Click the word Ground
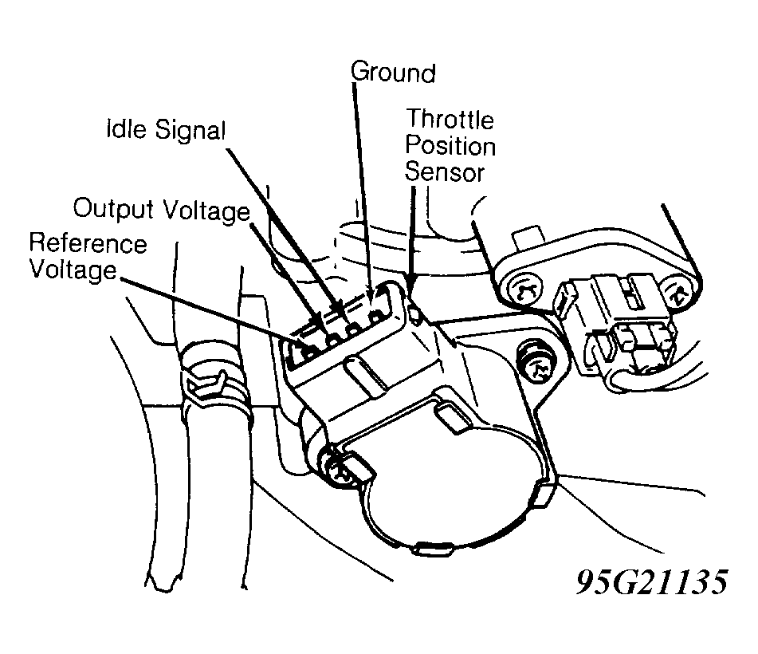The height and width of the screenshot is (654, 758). coord(393,73)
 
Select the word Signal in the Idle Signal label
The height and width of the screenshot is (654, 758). coord(190,131)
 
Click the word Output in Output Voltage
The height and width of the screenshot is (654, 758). coord(114,209)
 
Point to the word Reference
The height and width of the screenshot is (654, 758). coord(88,242)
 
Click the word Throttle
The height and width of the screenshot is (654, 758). coord(450,119)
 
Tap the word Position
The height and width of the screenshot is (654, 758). coord(450,146)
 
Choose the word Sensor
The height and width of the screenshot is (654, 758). coord(444,172)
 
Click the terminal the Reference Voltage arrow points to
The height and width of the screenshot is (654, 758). coord(309,353)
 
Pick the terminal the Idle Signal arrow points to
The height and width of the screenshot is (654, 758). coord(354,330)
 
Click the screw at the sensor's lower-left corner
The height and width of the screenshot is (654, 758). coord(340,467)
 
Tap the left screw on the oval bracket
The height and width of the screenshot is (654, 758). coord(524,290)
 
